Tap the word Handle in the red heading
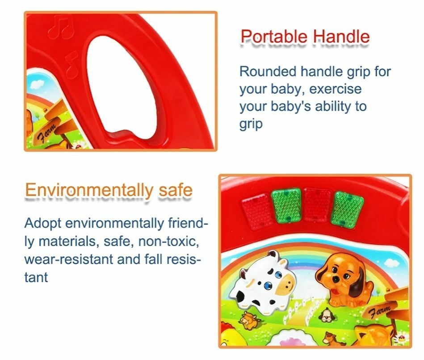click(x=341, y=37)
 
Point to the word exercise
click(x=335, y=89)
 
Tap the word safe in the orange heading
click(x=176, y=190)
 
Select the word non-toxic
click(x=168, y=241)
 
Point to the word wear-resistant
click(x=68, y=259)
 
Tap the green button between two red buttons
click(x=286, y=205)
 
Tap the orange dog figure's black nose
click(x=337, y=279)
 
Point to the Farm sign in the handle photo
click(x=48, y=132)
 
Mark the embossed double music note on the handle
click(x=61, y=27)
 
